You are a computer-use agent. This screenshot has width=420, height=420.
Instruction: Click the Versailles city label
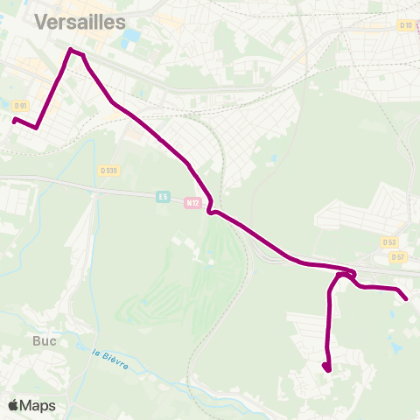coord(79,22)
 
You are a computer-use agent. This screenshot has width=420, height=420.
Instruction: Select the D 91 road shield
coord(21,106)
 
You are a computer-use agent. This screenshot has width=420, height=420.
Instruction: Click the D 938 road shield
coord(109,170)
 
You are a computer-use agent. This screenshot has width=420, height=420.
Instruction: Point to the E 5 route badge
coord(163,197)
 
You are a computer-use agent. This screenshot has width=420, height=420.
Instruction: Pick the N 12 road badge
coord(193,203)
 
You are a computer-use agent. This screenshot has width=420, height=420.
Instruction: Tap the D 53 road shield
coord(389,241)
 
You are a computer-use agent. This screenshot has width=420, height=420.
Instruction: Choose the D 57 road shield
coord(398,256)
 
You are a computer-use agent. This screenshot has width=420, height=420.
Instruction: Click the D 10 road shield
coord(406,24)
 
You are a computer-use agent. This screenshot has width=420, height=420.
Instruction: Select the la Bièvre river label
coord(110,358)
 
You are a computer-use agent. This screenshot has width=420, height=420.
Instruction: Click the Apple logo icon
coord(14,405)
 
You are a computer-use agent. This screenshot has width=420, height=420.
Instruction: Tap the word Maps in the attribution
coord(38,405)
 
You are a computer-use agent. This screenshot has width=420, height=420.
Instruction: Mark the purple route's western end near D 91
coord(14,120)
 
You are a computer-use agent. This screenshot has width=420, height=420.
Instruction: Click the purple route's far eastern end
coord(406,299)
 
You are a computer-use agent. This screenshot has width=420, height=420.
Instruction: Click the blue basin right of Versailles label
coord(132,38)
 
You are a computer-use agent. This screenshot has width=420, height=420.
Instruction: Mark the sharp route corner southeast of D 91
coord(36,128)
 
